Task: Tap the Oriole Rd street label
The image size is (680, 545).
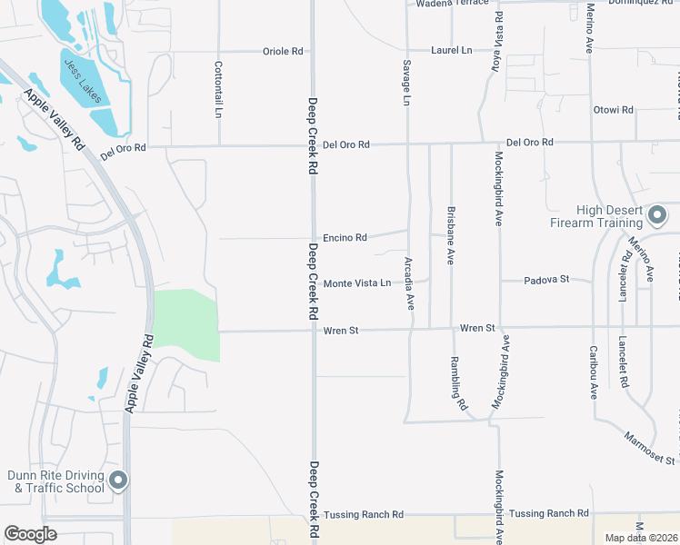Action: tap(283, 52)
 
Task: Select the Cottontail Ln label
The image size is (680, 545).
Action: tap(218, 89)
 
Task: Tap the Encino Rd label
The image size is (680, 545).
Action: tap(345, 238)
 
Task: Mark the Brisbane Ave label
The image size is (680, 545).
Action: tap(450, 234)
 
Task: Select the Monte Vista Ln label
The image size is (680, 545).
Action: tap(357, 283)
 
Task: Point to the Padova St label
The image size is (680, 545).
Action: tap(546, 280)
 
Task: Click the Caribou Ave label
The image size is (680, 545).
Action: tap(593, 372)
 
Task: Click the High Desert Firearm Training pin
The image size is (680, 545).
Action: tap(657, 216)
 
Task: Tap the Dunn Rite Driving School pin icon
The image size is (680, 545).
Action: tap(117, 480)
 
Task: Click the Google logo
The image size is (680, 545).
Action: tap(31, 534)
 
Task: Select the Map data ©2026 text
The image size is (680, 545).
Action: tap(641, 538)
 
